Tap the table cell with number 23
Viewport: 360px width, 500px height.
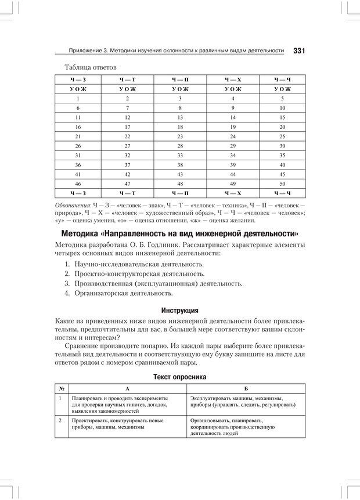tap(180, 136)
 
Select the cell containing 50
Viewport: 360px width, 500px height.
tap(282, 183)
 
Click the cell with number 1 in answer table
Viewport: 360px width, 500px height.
tap(77, 99)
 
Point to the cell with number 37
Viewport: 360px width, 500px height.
tap(127, 164)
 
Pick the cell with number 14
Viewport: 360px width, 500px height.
tap(232, 117)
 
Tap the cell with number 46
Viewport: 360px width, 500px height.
tap(77, 183)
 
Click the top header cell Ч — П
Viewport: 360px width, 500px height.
tap(180, 80)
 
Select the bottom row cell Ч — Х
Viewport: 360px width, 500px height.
tap(232, 192)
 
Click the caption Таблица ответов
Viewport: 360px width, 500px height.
tap(91, 67)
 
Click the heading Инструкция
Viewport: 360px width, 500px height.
tap(179, 310)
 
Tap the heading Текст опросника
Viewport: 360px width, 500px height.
tap(179, 377)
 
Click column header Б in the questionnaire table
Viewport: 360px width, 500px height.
tap(246, 387)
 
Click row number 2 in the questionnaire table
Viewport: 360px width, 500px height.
tap(60, 419)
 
